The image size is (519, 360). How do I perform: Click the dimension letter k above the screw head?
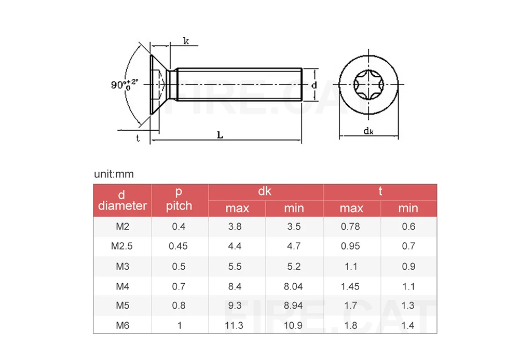(186, 40)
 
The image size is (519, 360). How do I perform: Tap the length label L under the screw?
(220, 135)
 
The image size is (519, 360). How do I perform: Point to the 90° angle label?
(125, 85)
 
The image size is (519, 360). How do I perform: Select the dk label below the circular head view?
(368, 131)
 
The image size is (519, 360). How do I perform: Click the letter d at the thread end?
(314, 85)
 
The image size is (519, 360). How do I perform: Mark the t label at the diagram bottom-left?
(138, 137)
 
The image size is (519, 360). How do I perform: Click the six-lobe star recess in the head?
(368, 85)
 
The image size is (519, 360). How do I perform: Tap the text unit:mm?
(114, 174)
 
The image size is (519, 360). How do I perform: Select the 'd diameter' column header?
(122, 201)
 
